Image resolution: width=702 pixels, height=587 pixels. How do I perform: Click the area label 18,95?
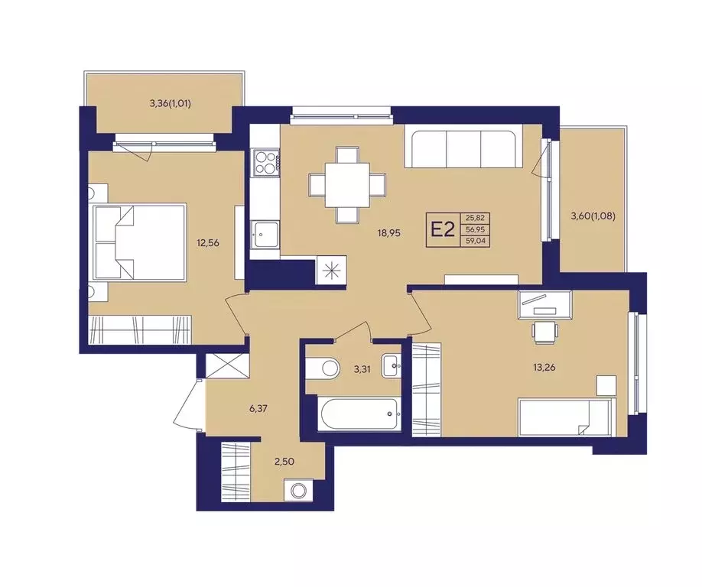(x=388, y=232)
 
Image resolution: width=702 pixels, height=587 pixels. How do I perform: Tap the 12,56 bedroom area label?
(x=208, y=243)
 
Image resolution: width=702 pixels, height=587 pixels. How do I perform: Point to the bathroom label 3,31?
(x=362, y=370)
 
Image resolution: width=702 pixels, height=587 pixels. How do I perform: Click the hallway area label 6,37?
(x=258, y=408)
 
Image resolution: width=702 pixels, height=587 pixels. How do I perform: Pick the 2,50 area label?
(x=284, y=462)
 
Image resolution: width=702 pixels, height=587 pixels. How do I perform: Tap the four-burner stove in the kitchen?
(x=266, y=163)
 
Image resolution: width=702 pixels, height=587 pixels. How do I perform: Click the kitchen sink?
(x=265, y=234)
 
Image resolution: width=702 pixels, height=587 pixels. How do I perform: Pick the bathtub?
(x=359, y=414)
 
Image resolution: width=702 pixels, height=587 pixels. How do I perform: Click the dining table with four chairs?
(x=347, y=185)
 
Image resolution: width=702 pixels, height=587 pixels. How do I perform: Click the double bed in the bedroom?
(x=139, y=243)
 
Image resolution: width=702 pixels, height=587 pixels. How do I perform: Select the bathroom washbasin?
(x=392, y=365)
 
